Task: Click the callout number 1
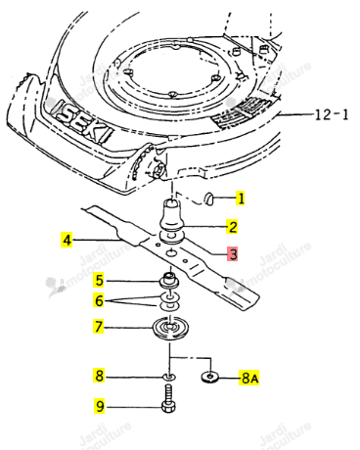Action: [241, 198]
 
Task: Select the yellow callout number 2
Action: [232, 227]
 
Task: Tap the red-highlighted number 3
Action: [233, 254]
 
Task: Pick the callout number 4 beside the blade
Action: [67, 241]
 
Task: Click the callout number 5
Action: [99, 281]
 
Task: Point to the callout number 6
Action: [99, 300]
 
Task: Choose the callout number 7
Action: [99, 327]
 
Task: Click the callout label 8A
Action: [249, 378]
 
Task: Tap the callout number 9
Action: [100, 406]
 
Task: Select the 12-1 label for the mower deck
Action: [332, 114]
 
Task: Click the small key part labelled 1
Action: [208, 199]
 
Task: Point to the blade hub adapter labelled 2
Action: [172, 214]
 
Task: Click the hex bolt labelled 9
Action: [168, 398]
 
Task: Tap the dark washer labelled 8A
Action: [210, 377]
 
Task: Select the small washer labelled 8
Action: [169, 377]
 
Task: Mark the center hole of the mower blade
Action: [172, 252]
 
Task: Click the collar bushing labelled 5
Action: [169, 281]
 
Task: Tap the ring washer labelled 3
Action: [172, 237]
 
